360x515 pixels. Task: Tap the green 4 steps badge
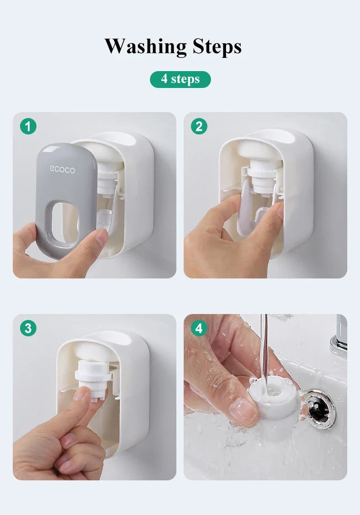pyautogui.click(x=180, y=79)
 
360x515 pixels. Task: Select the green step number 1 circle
pyautogui.click(x=28, y=126)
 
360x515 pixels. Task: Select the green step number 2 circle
pyautogui.click(x=199, y=126)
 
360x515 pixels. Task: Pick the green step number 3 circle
pyautogui.click(x=28, y=328)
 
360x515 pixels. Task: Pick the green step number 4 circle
pyautogui.click(x=199, y=328)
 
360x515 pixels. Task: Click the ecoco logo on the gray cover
pyautogui.click(x=62, y=170)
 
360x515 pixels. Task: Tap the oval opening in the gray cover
pyautogui.click(x=65, y=220)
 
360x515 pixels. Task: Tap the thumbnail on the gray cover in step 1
pyautogui.click(x=101, y=237)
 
